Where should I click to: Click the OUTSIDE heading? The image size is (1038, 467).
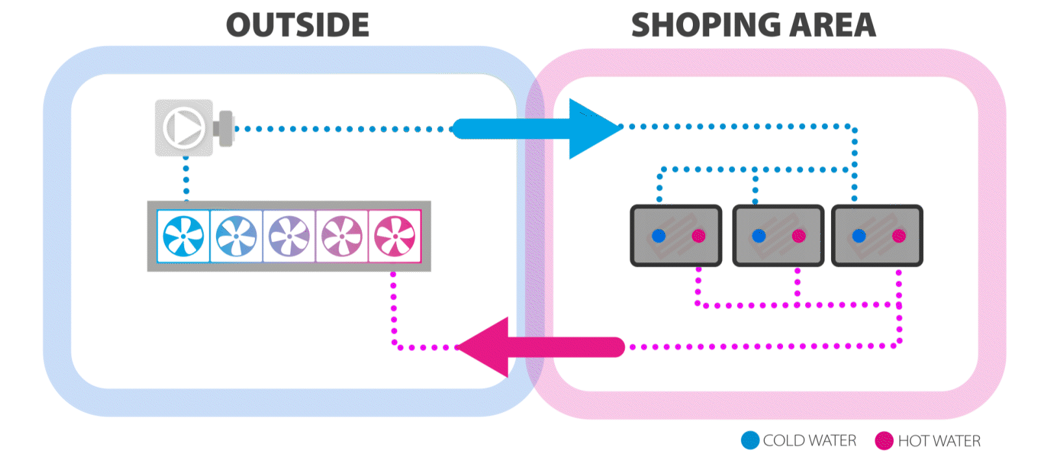coord(298,25)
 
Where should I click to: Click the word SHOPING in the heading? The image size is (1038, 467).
coord(697,25)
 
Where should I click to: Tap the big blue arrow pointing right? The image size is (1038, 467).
coord(538,128)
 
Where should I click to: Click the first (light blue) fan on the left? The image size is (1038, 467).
coord(184,236)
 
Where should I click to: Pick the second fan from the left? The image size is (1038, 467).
coord(236,236)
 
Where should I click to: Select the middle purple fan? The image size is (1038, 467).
coord(289,236)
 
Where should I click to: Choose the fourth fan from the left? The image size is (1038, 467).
coord(342,236)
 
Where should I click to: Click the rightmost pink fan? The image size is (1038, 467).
coord(394,236)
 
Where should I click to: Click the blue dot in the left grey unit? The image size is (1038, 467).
coord(658,235)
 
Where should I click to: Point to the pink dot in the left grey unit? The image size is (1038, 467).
coord(698,235)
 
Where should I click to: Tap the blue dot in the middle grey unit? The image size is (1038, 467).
coord(759,235)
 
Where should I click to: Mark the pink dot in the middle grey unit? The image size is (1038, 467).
coord(799,235)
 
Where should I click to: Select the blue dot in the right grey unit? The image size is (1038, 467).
coord(859,235)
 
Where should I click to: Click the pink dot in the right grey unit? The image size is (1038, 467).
coord(899,235)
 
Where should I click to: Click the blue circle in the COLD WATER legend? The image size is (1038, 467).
coord(750,440)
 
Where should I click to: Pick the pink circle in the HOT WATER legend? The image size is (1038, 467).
coord(884,441)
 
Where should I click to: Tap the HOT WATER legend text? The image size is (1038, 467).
coord(939,441)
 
